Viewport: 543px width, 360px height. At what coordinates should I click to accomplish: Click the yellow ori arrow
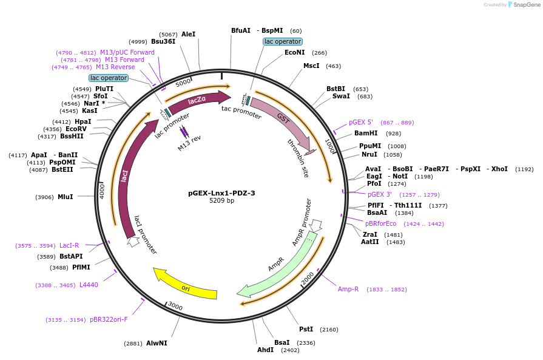185,286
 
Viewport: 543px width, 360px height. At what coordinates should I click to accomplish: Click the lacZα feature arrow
197,101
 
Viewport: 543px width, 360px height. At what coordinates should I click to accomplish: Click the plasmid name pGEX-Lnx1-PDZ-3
221,193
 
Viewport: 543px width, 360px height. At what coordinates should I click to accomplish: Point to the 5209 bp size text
221,201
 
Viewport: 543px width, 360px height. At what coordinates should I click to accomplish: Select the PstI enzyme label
306,329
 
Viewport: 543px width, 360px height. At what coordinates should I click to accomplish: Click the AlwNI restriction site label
157,343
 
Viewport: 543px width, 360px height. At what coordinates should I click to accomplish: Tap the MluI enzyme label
65,197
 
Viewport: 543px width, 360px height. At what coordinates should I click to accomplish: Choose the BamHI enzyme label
366,133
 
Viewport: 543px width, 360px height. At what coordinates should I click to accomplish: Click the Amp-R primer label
348,289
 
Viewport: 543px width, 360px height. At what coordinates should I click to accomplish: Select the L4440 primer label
89,285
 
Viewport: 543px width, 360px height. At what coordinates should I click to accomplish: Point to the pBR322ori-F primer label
109,319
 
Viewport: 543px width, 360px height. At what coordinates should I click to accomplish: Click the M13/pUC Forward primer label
127,52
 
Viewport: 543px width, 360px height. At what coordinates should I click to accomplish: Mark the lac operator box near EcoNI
283,41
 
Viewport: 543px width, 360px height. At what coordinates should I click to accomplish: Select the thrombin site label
298,158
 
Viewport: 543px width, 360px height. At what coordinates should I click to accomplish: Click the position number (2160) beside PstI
329,330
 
